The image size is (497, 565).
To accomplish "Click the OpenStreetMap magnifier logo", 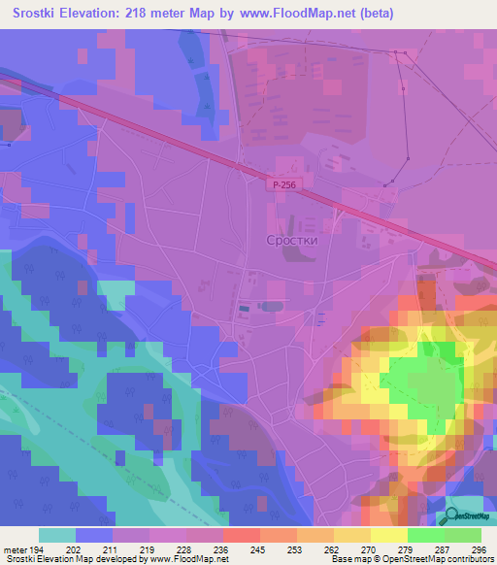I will click(x=453, y=516).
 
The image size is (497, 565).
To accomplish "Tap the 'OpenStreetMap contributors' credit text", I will click(x=443, y=560).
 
